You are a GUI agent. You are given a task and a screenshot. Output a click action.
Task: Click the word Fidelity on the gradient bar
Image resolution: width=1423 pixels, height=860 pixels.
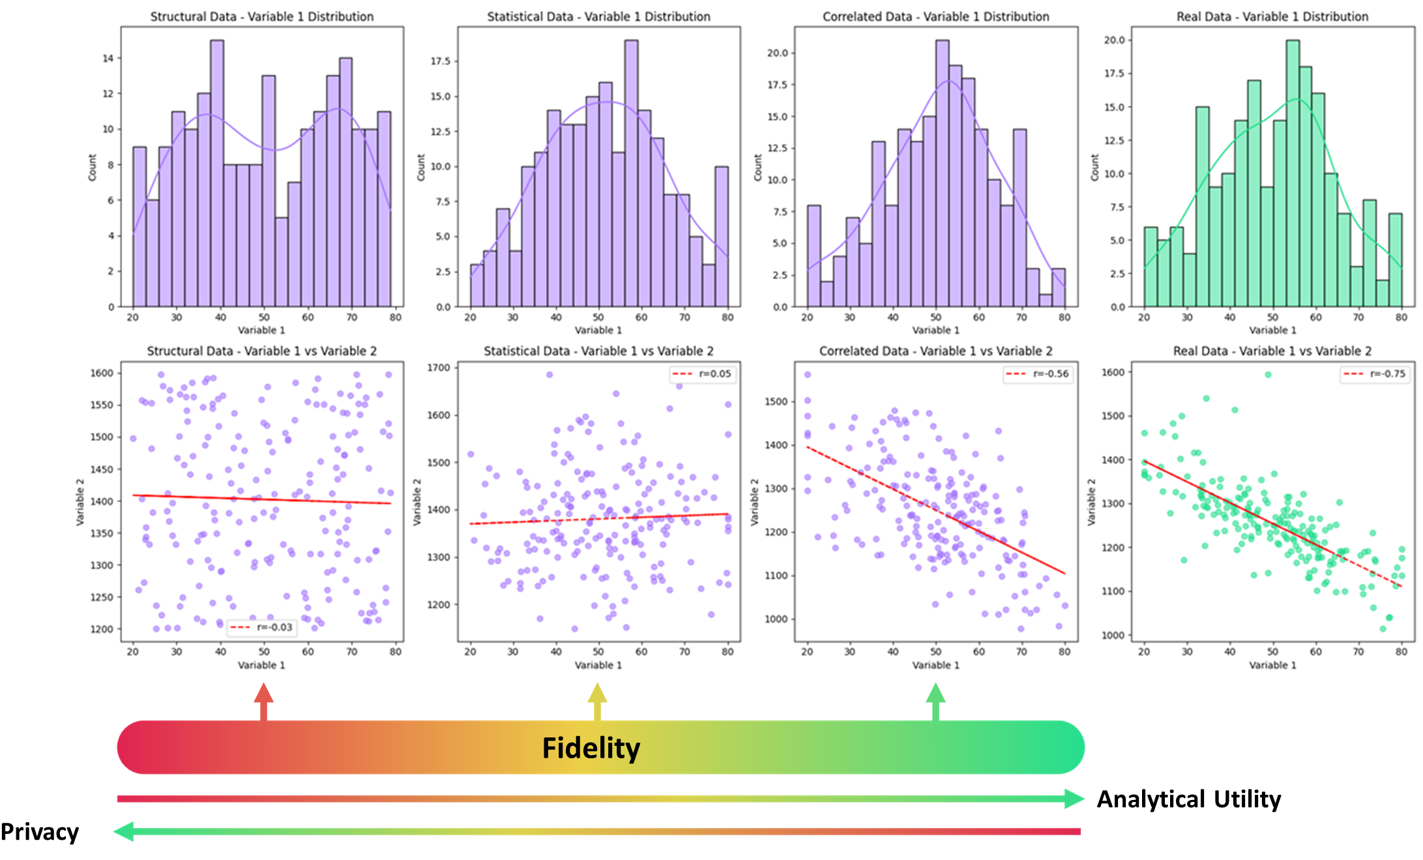click(x=591, y=748)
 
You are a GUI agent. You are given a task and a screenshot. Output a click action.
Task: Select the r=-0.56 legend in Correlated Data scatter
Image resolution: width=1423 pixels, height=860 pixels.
click(x=1038, y=374)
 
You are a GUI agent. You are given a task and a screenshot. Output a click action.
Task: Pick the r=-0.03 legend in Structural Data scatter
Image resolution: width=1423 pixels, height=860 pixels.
click(x=261, y=627)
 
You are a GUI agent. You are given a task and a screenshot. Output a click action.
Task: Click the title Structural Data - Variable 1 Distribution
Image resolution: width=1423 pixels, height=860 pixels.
click(x=262, y=16)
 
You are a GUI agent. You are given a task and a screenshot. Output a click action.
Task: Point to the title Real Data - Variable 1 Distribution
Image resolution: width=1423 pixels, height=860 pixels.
click(x=1272, y=16)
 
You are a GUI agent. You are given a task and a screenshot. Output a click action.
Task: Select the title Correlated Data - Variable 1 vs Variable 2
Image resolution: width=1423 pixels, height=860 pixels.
click(x=935, y=351)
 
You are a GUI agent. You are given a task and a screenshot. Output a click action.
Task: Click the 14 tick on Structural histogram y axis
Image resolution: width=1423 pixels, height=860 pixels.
click(x=108, y=58)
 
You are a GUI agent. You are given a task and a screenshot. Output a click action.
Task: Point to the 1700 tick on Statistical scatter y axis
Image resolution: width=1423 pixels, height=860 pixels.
click(x=439, y=368)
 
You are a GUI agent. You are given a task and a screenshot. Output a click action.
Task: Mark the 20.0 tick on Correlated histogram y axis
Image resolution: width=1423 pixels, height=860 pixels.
click(x=777, y=53)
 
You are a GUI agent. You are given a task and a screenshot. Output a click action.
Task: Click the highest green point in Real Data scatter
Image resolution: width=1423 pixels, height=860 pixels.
click(x=1268, y=374)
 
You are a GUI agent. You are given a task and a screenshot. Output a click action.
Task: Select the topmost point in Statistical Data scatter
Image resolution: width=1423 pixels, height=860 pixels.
click(x=550, y=375)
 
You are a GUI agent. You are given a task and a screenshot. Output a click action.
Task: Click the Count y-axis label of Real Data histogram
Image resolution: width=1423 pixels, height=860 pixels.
click(x=1094, y=168)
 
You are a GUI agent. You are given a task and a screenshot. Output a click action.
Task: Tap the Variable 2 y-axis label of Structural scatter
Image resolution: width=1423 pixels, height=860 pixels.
click(x=80, y=502)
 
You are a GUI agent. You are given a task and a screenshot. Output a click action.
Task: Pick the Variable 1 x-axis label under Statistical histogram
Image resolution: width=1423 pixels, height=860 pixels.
click(x=598, y=330)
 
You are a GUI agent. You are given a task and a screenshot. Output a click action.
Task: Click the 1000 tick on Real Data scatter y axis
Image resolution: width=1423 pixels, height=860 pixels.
click(x=1113, y=635)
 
